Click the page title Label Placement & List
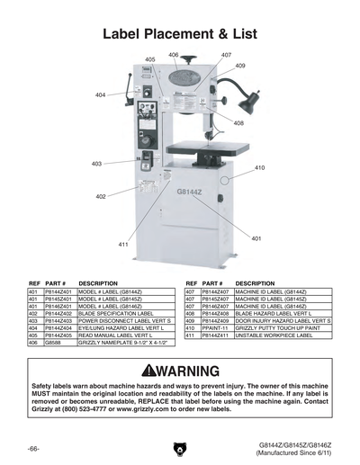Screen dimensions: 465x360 180,34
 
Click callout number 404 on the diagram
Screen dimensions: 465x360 100,94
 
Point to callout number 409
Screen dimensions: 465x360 240,66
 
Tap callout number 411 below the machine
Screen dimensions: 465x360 123,244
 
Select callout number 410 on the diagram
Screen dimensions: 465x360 260,168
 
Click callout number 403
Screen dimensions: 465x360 96,164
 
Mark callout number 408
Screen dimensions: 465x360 238,123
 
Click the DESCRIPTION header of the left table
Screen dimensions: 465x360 98,283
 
